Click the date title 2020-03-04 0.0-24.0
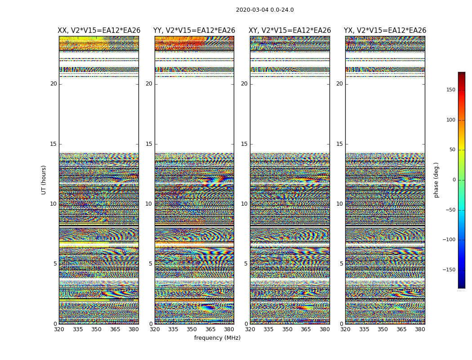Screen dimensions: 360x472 click(x=265, y=10)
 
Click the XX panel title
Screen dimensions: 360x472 click(x=99, y=31)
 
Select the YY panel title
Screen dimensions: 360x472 click(x=194, y=31)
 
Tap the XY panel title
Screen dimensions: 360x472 click(x=290, y=31)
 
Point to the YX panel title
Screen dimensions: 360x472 click(x=385, y=31)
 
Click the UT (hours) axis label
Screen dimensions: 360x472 click(x=44, y=180)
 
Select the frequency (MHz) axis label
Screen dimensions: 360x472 click(x=217, y=338)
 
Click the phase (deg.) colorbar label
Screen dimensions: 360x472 click(x=436, y=180)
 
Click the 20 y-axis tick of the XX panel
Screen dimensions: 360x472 click(x=53, y=84)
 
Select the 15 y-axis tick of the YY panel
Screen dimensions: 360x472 click(x=149, y=144)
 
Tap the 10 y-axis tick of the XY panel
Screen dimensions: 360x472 click(x=244, y=204)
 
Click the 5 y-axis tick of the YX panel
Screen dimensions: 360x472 click(x=341, y=264)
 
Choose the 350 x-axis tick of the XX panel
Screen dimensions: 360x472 click(x=96, y=329)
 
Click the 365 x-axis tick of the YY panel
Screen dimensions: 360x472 click(x=211, y=329)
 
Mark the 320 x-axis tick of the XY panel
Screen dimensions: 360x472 click(x=250, y=329)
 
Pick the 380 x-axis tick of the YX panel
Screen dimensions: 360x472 click(x=420, y=329)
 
